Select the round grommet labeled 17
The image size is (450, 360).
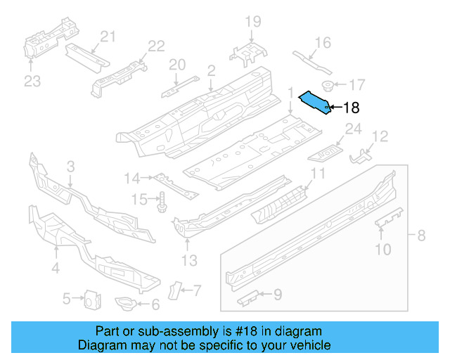tap(328, 86)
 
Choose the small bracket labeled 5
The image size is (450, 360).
tap(90, 300)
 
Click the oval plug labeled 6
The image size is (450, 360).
tap(126, 302)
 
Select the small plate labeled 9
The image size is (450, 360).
tap(250, 299)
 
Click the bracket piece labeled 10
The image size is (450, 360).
tap(389, 217)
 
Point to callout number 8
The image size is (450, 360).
tap(421, 236)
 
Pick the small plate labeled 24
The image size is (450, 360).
tap(327, 150)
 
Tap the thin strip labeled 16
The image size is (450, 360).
tap(311, 60)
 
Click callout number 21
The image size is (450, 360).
tap(107, 37)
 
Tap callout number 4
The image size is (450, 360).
tap(55, 267)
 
